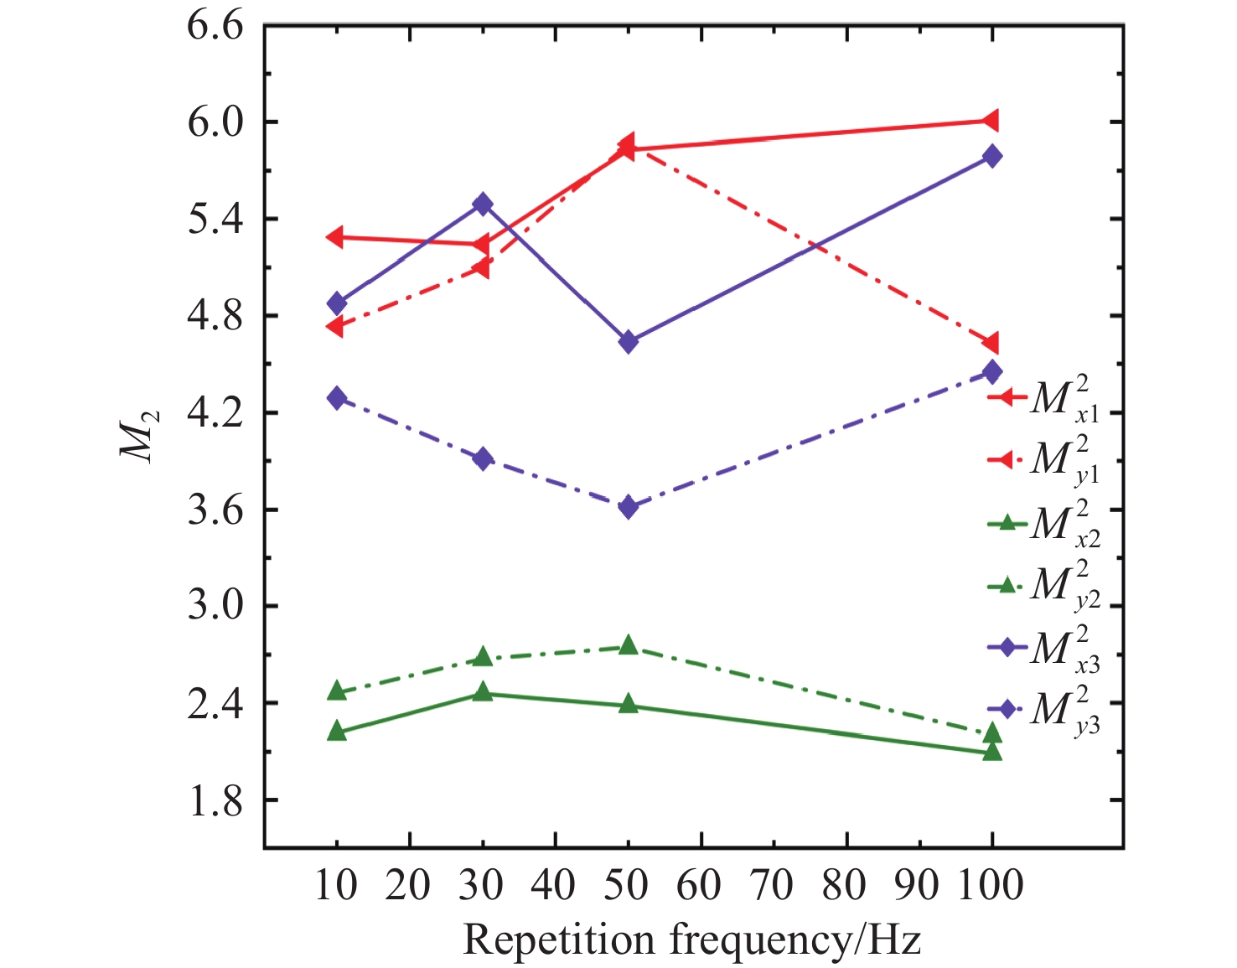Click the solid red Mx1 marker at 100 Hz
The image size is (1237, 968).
click(x=991, y=121)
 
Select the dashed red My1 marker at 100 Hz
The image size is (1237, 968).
click(x=991, y=343)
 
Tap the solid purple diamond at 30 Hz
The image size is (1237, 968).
click(x=482, y=204)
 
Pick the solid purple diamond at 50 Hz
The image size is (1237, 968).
click(x=629, y=341)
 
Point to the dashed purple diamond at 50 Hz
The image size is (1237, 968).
click(x=629, y=506)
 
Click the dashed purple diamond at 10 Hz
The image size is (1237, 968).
click(x=337, y=397)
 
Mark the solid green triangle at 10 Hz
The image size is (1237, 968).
click(x=337, y=731)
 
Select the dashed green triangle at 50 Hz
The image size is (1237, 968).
click(x=629, y=644)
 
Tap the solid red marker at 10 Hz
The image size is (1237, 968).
click(x=335, y=236)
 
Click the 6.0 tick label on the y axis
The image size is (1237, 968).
click(x=215, y=122)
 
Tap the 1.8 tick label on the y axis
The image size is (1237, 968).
click(x=215, y=800)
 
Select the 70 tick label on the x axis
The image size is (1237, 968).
click(x=772, y=886)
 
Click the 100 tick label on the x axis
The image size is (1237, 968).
click(x=991, y=886)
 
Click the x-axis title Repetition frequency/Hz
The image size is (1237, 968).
click(x=691, y=940)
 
